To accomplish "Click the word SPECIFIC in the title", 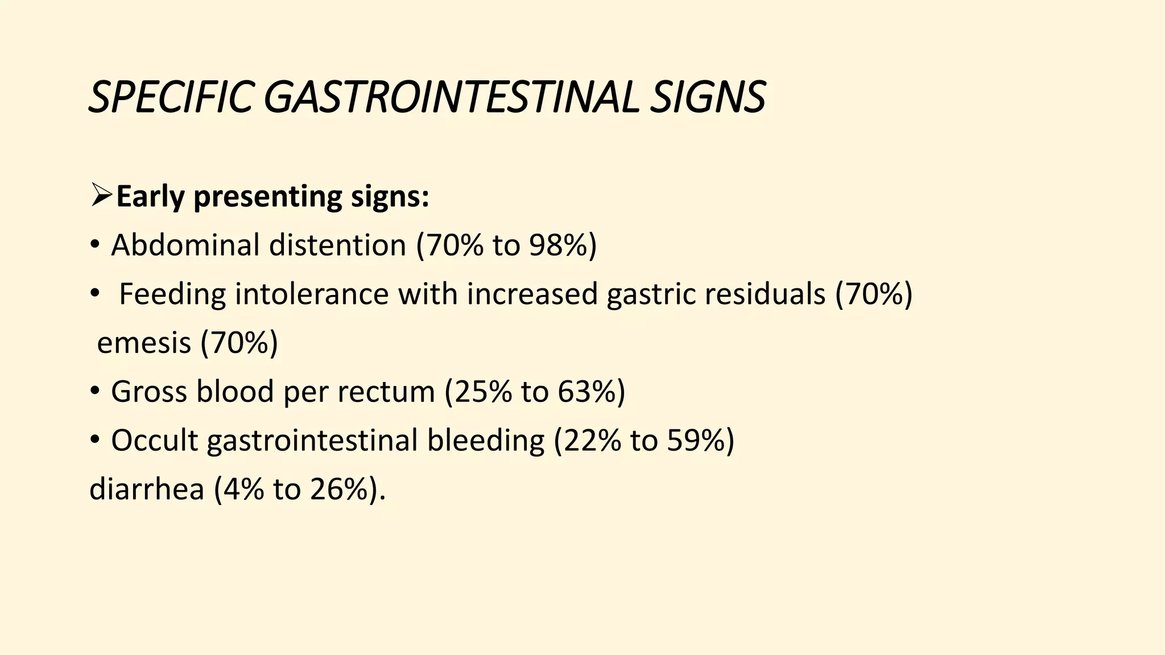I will (x=170, y=98).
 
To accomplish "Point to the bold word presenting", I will (x=267, y=198).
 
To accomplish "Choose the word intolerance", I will (x=312, y=295).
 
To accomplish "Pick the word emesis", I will (x=144, y=343).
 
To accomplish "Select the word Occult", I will (x=154, y=441).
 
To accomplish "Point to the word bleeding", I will (x=485, y=442).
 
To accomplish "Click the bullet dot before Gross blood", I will (x=95, y=392).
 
